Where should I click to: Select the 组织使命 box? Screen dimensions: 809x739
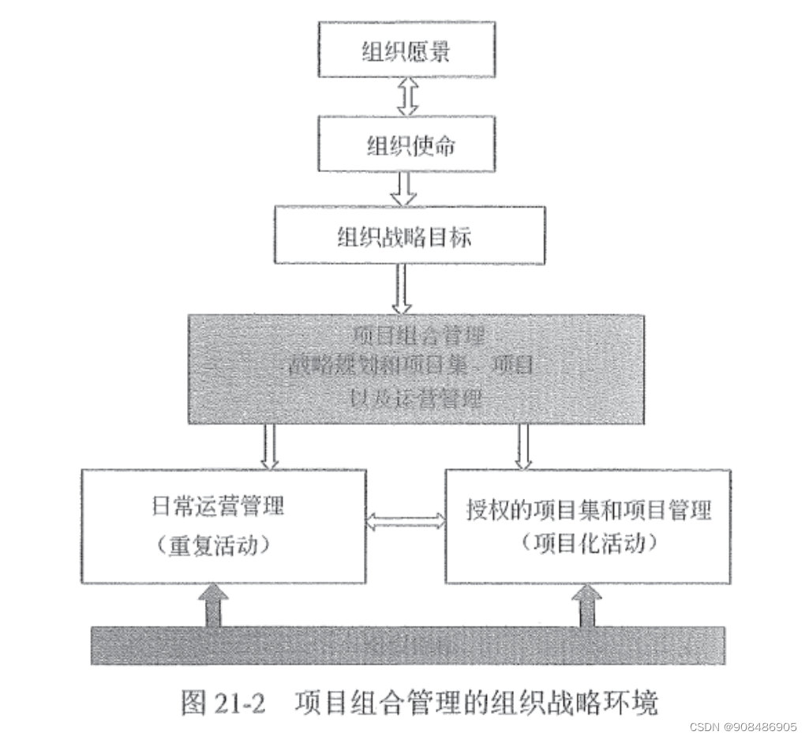(x=409, y=146)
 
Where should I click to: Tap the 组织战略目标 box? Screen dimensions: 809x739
(x=409, y=235)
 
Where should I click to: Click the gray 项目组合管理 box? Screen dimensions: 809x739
(x=415, y=369)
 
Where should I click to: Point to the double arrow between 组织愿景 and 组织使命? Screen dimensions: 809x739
(x=407, y=96)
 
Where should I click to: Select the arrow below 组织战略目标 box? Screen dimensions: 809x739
(x=403, y=288)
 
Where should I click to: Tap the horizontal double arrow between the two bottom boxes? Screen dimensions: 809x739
(x=406, y=520)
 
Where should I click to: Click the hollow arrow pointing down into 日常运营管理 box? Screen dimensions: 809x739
(x=271, y=446)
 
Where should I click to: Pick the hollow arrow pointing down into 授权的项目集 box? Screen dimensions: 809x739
(x=523, y=446)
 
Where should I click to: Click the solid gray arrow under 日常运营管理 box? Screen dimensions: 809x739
(x=212, y=606)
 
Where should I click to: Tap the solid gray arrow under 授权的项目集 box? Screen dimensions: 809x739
(x=586, y=606)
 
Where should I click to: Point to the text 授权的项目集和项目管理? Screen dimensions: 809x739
(x=588, y=509)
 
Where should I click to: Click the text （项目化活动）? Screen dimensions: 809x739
(x=588, y=543)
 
